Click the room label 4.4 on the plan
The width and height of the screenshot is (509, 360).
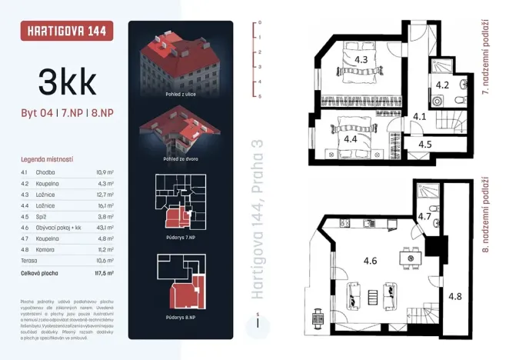point(351,139)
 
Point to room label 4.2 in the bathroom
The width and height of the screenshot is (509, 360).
point(443,85)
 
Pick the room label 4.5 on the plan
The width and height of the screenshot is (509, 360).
point(424,143)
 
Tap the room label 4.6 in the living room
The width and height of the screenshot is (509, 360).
point(370,261)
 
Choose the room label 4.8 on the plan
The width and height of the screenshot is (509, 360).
point(455,296)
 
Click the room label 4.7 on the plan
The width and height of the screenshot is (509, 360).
point(424,217)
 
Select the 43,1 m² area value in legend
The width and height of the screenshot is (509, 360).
point(105,228)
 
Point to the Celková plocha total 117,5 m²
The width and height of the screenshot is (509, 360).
point(105,272)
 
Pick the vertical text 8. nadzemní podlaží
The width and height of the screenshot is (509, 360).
point(485,218)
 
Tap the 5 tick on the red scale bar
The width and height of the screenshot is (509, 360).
point(260,96)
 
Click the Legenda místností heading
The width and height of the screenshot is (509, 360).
point(48,158)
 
